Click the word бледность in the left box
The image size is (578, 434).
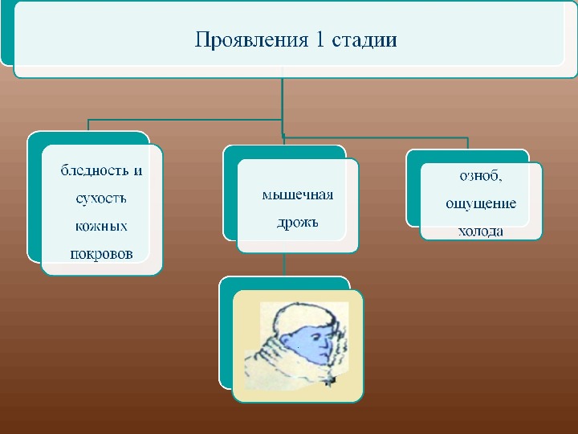[x=94, y=170]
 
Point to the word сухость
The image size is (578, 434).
[x=100, y=198]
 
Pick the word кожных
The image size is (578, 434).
[x=101, y=226]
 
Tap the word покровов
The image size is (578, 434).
[x=101, y=253]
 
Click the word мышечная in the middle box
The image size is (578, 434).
[x=298, y=195]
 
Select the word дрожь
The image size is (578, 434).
[x=298, y=222]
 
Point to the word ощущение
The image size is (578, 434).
[x=481, y=203]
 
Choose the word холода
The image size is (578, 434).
[x=481, y=231]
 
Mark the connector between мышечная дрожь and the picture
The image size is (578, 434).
[x=285, y=265]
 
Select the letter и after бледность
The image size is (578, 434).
[x=137, y=170]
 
